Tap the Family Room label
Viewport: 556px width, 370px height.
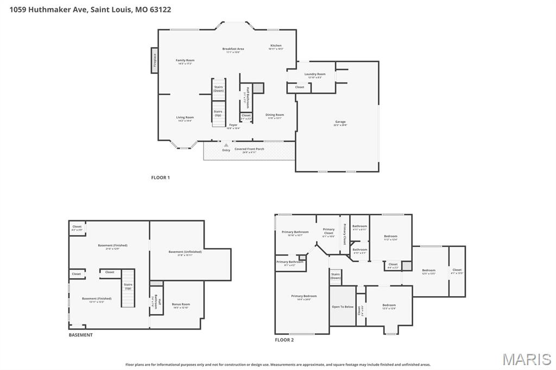coord(185,60)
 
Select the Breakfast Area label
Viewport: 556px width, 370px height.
coord(233,49)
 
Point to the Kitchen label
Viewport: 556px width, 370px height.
coord(276,46)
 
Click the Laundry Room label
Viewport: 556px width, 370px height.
coord(315,74)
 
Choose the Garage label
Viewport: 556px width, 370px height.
coord(340,122)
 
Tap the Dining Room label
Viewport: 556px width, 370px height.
coord(275,114)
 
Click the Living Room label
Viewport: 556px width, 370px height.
coord(185,117)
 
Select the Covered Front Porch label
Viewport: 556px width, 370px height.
coord(249,149)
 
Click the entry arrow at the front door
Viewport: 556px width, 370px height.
coord(226,145)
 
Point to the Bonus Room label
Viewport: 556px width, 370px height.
coord(181,304)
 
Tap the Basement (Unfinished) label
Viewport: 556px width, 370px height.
coord(185,252)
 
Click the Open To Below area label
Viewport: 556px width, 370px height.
coord(343,307)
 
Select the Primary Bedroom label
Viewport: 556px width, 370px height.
coord(304,296)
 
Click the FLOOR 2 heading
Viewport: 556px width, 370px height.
coord(284,340)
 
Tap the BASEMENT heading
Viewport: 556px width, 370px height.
coord(80,335)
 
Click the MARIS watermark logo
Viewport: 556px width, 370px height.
coord(527,359)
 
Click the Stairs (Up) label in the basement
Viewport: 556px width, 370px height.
coord(128,286)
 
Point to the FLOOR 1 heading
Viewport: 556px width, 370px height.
coord(160,177)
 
